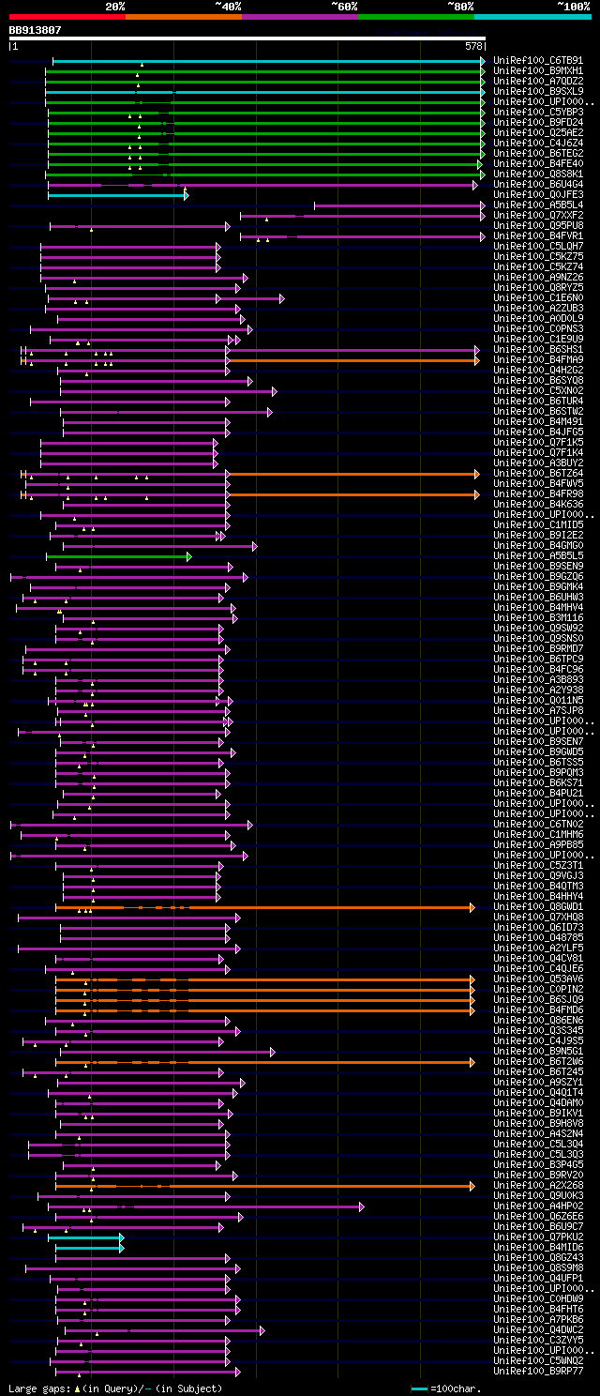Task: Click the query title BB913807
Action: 35,30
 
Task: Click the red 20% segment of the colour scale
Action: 67,17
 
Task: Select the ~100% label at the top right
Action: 573,6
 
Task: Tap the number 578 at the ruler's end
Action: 473,46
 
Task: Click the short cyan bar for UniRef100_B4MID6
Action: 88,1248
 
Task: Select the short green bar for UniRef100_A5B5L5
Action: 117,556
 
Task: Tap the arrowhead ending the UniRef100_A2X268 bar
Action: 472,1186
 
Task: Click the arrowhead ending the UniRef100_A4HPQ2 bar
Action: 361,1206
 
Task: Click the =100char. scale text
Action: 456,1388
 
